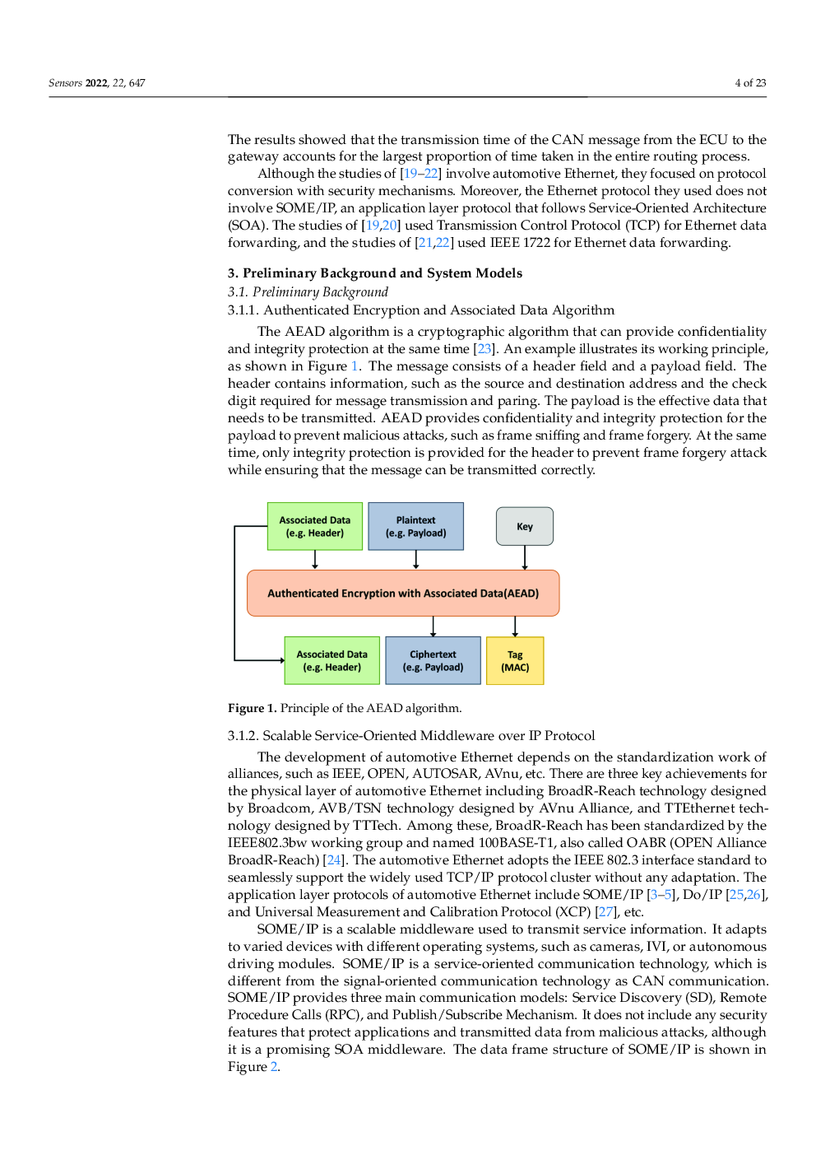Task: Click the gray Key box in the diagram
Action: pos(525,527)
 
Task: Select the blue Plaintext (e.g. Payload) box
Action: pos(415,527)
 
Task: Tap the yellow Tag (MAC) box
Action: pos(515,661)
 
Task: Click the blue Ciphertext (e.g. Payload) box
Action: pos(433,661)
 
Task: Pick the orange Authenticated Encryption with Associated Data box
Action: pos(403,594)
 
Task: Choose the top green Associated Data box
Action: pos(314,527)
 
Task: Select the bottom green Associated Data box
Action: pos(331,661)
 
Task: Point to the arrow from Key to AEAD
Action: pos(525,557)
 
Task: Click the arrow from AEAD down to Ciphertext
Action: pos(433,626)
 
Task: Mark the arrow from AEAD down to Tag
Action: pos(515,626)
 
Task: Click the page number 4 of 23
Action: pos(750,83)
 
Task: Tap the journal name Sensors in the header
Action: pos(65,83)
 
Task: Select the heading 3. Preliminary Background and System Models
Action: pos(374,273)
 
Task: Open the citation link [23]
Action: pos(484,349)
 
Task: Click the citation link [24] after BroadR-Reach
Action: pos(334,860)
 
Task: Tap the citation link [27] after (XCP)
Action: pos(605,912)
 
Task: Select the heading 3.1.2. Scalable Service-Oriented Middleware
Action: pos(410,736)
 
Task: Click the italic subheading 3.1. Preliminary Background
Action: pos(308,292)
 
